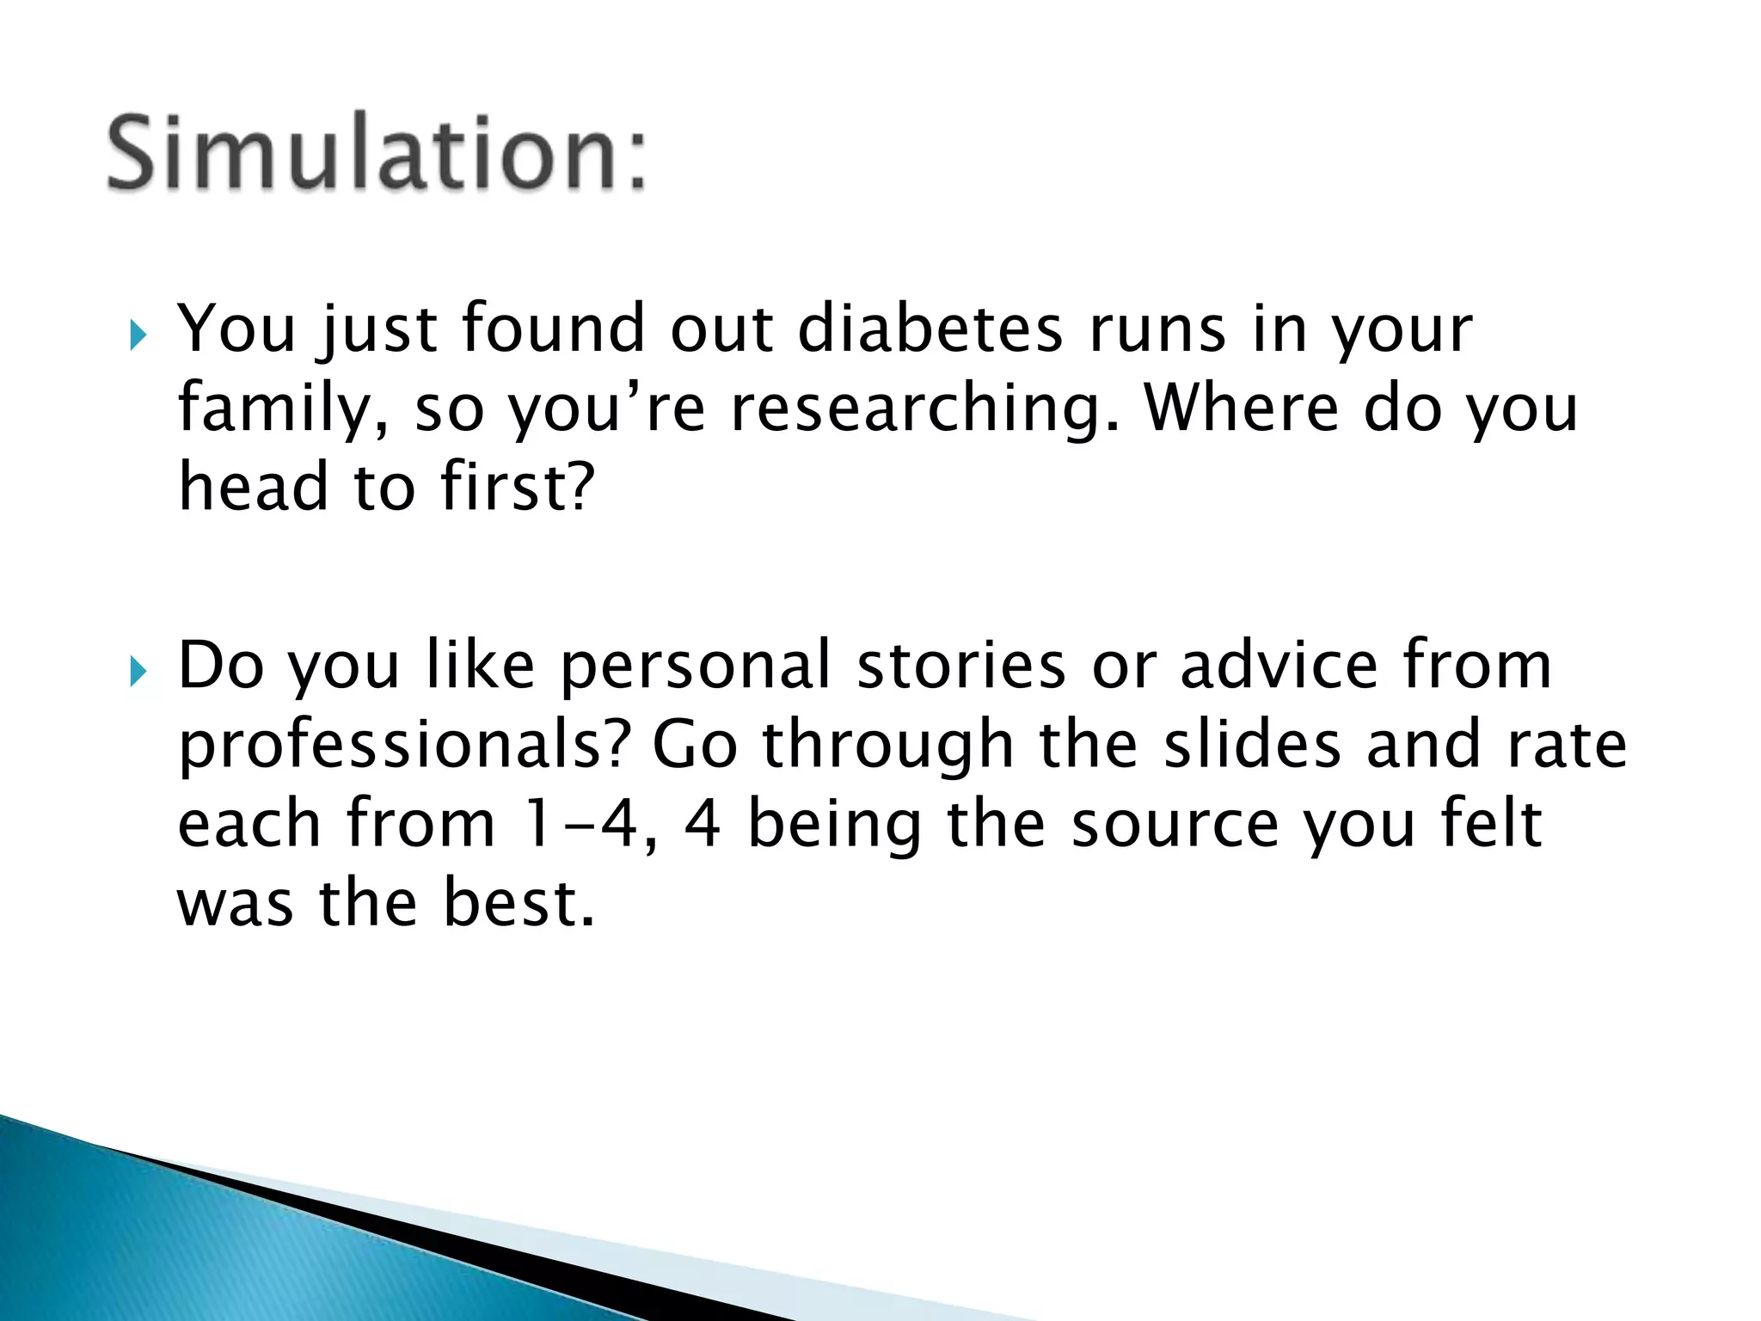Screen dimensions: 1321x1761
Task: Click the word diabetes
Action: tap(930, 329)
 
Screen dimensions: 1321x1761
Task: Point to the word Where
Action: tap(1240, 409)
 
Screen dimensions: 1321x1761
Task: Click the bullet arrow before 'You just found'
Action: tap(138, 335)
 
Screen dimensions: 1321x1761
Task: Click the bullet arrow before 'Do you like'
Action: tap(138, 672)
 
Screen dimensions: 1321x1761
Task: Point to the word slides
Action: tap(1252, 745)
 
